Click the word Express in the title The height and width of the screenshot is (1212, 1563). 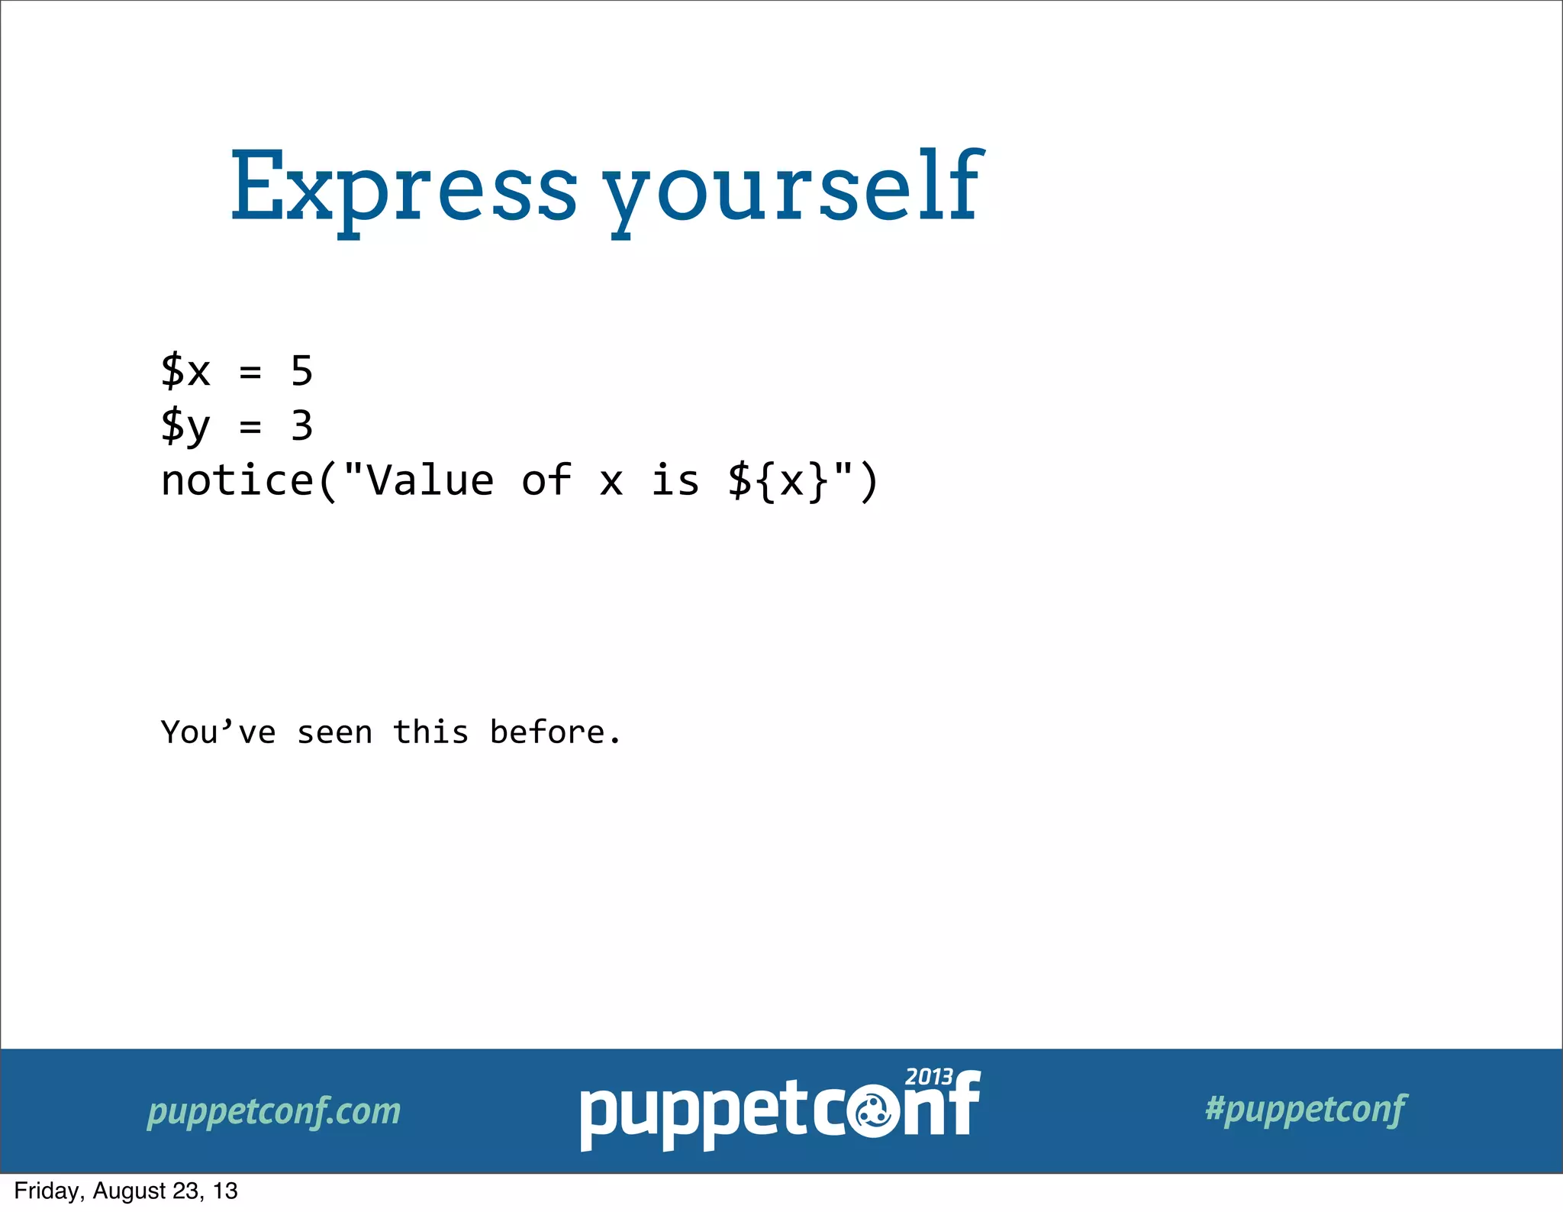[403, 187]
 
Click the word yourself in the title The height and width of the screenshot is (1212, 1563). [794, 187]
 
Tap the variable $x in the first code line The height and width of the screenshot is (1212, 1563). [185, 371]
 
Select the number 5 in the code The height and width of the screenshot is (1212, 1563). [302, 371]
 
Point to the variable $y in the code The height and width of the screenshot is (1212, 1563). [185, 426]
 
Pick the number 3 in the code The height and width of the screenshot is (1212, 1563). [302, 426]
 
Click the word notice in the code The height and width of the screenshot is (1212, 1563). [237, 481]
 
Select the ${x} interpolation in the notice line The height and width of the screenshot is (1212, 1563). [778, 481]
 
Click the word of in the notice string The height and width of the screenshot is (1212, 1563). [546, 481]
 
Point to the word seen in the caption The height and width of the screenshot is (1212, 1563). [334, 732]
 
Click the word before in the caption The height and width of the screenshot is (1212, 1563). [547, 732]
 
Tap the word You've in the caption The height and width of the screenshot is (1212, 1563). [218, 732]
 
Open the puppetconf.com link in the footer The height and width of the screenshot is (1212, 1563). [274, 1111]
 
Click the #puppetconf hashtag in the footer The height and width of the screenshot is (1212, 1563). [1306, 1109]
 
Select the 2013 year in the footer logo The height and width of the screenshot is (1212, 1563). [929, 1077]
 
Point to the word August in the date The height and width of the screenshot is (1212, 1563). [129, 1191]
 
